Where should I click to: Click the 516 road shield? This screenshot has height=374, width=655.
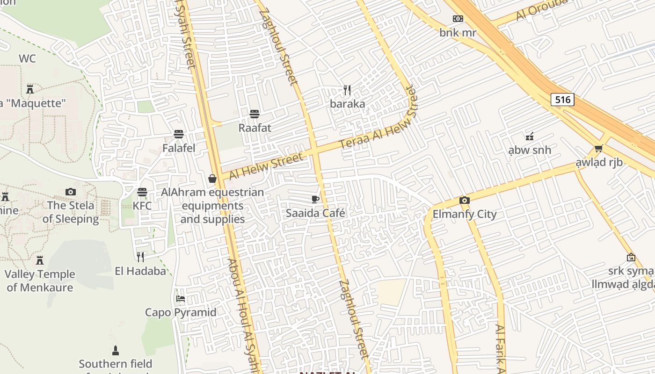562,100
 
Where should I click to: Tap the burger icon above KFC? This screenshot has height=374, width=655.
142,192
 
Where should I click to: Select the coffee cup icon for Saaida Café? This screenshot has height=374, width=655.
315,200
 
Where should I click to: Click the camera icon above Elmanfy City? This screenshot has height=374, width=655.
464,201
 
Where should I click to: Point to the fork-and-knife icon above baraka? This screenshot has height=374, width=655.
347,90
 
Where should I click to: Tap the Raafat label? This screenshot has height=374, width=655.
255,128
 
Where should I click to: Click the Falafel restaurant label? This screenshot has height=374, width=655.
179,148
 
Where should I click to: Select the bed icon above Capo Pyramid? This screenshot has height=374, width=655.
181,298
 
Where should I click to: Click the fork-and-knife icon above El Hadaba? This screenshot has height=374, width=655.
140,257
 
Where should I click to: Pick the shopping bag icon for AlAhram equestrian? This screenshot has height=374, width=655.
212,179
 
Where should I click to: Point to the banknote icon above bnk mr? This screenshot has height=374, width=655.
458,19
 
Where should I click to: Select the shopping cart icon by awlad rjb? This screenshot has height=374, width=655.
598,149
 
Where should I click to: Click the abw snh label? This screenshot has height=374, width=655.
530,151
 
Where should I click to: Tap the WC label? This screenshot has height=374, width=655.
27,59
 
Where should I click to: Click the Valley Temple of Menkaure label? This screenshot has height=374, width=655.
40,280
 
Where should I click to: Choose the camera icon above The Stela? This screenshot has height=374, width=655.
71,192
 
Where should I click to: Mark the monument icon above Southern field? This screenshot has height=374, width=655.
115,350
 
